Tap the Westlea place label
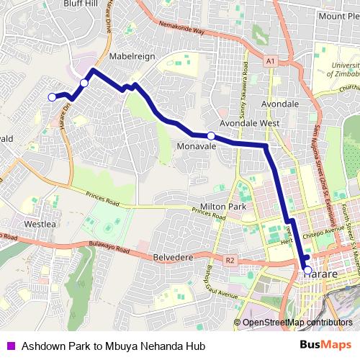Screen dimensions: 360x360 (x=40, y=224)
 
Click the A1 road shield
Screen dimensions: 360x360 (x=270, y=63)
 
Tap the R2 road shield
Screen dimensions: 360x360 (x=230, y=260)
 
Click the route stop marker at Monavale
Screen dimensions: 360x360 (x=211, y=136)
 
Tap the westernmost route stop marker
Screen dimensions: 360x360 (x=52, y=97)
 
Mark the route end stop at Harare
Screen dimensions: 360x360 (x=308, y=271)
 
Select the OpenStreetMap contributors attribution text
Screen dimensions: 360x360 (x=297, y=323)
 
